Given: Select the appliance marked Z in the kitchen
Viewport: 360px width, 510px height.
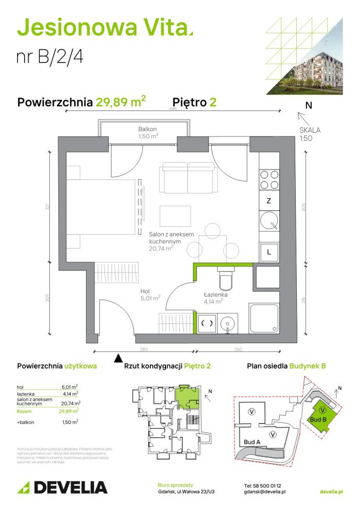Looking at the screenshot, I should [269, 201].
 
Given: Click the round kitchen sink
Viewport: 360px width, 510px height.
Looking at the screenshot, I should [269, 220].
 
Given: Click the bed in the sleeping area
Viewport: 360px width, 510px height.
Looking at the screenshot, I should [101, 207].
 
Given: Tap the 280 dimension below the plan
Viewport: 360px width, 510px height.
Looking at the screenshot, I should [144, 350].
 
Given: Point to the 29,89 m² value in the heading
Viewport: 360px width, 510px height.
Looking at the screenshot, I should [121, 102].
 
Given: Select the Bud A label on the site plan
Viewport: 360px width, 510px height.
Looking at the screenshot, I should [252, 441].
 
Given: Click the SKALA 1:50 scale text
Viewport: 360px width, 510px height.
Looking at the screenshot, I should [310, 134].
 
